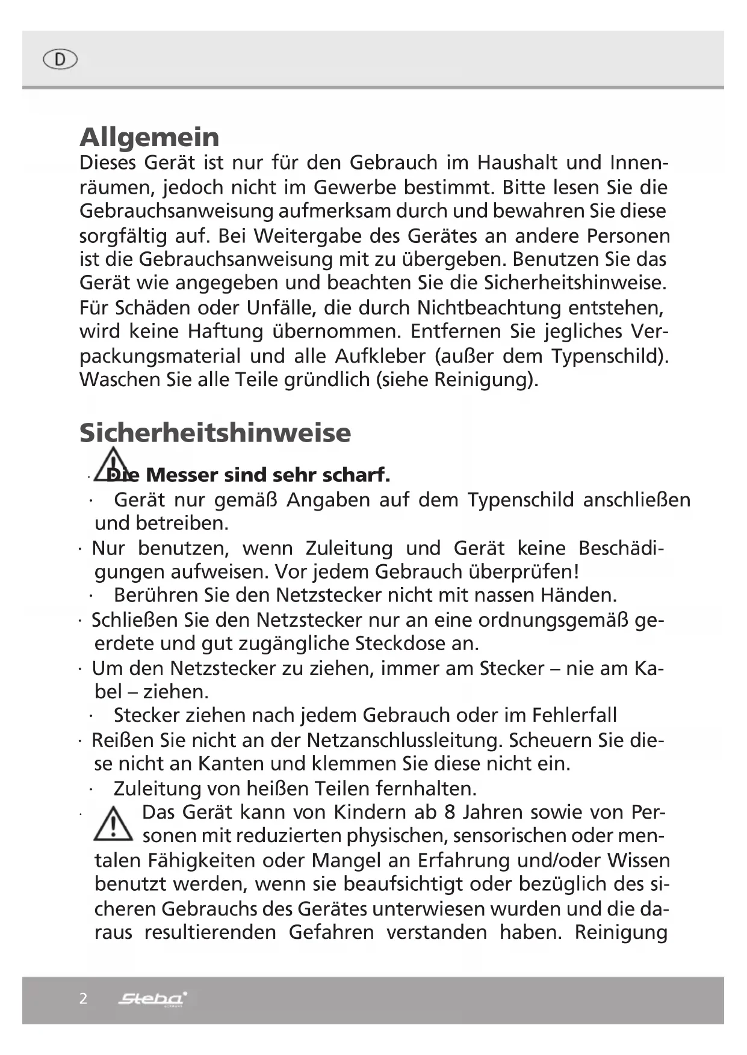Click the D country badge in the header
point(60,60)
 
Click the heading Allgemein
point(149,137)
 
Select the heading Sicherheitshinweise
point(215,432)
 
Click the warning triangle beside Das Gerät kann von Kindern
point(113,825)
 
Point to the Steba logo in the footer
point(153,999)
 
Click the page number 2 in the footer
point(83,999)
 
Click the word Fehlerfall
point(574,715)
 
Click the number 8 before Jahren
point(450,812)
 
